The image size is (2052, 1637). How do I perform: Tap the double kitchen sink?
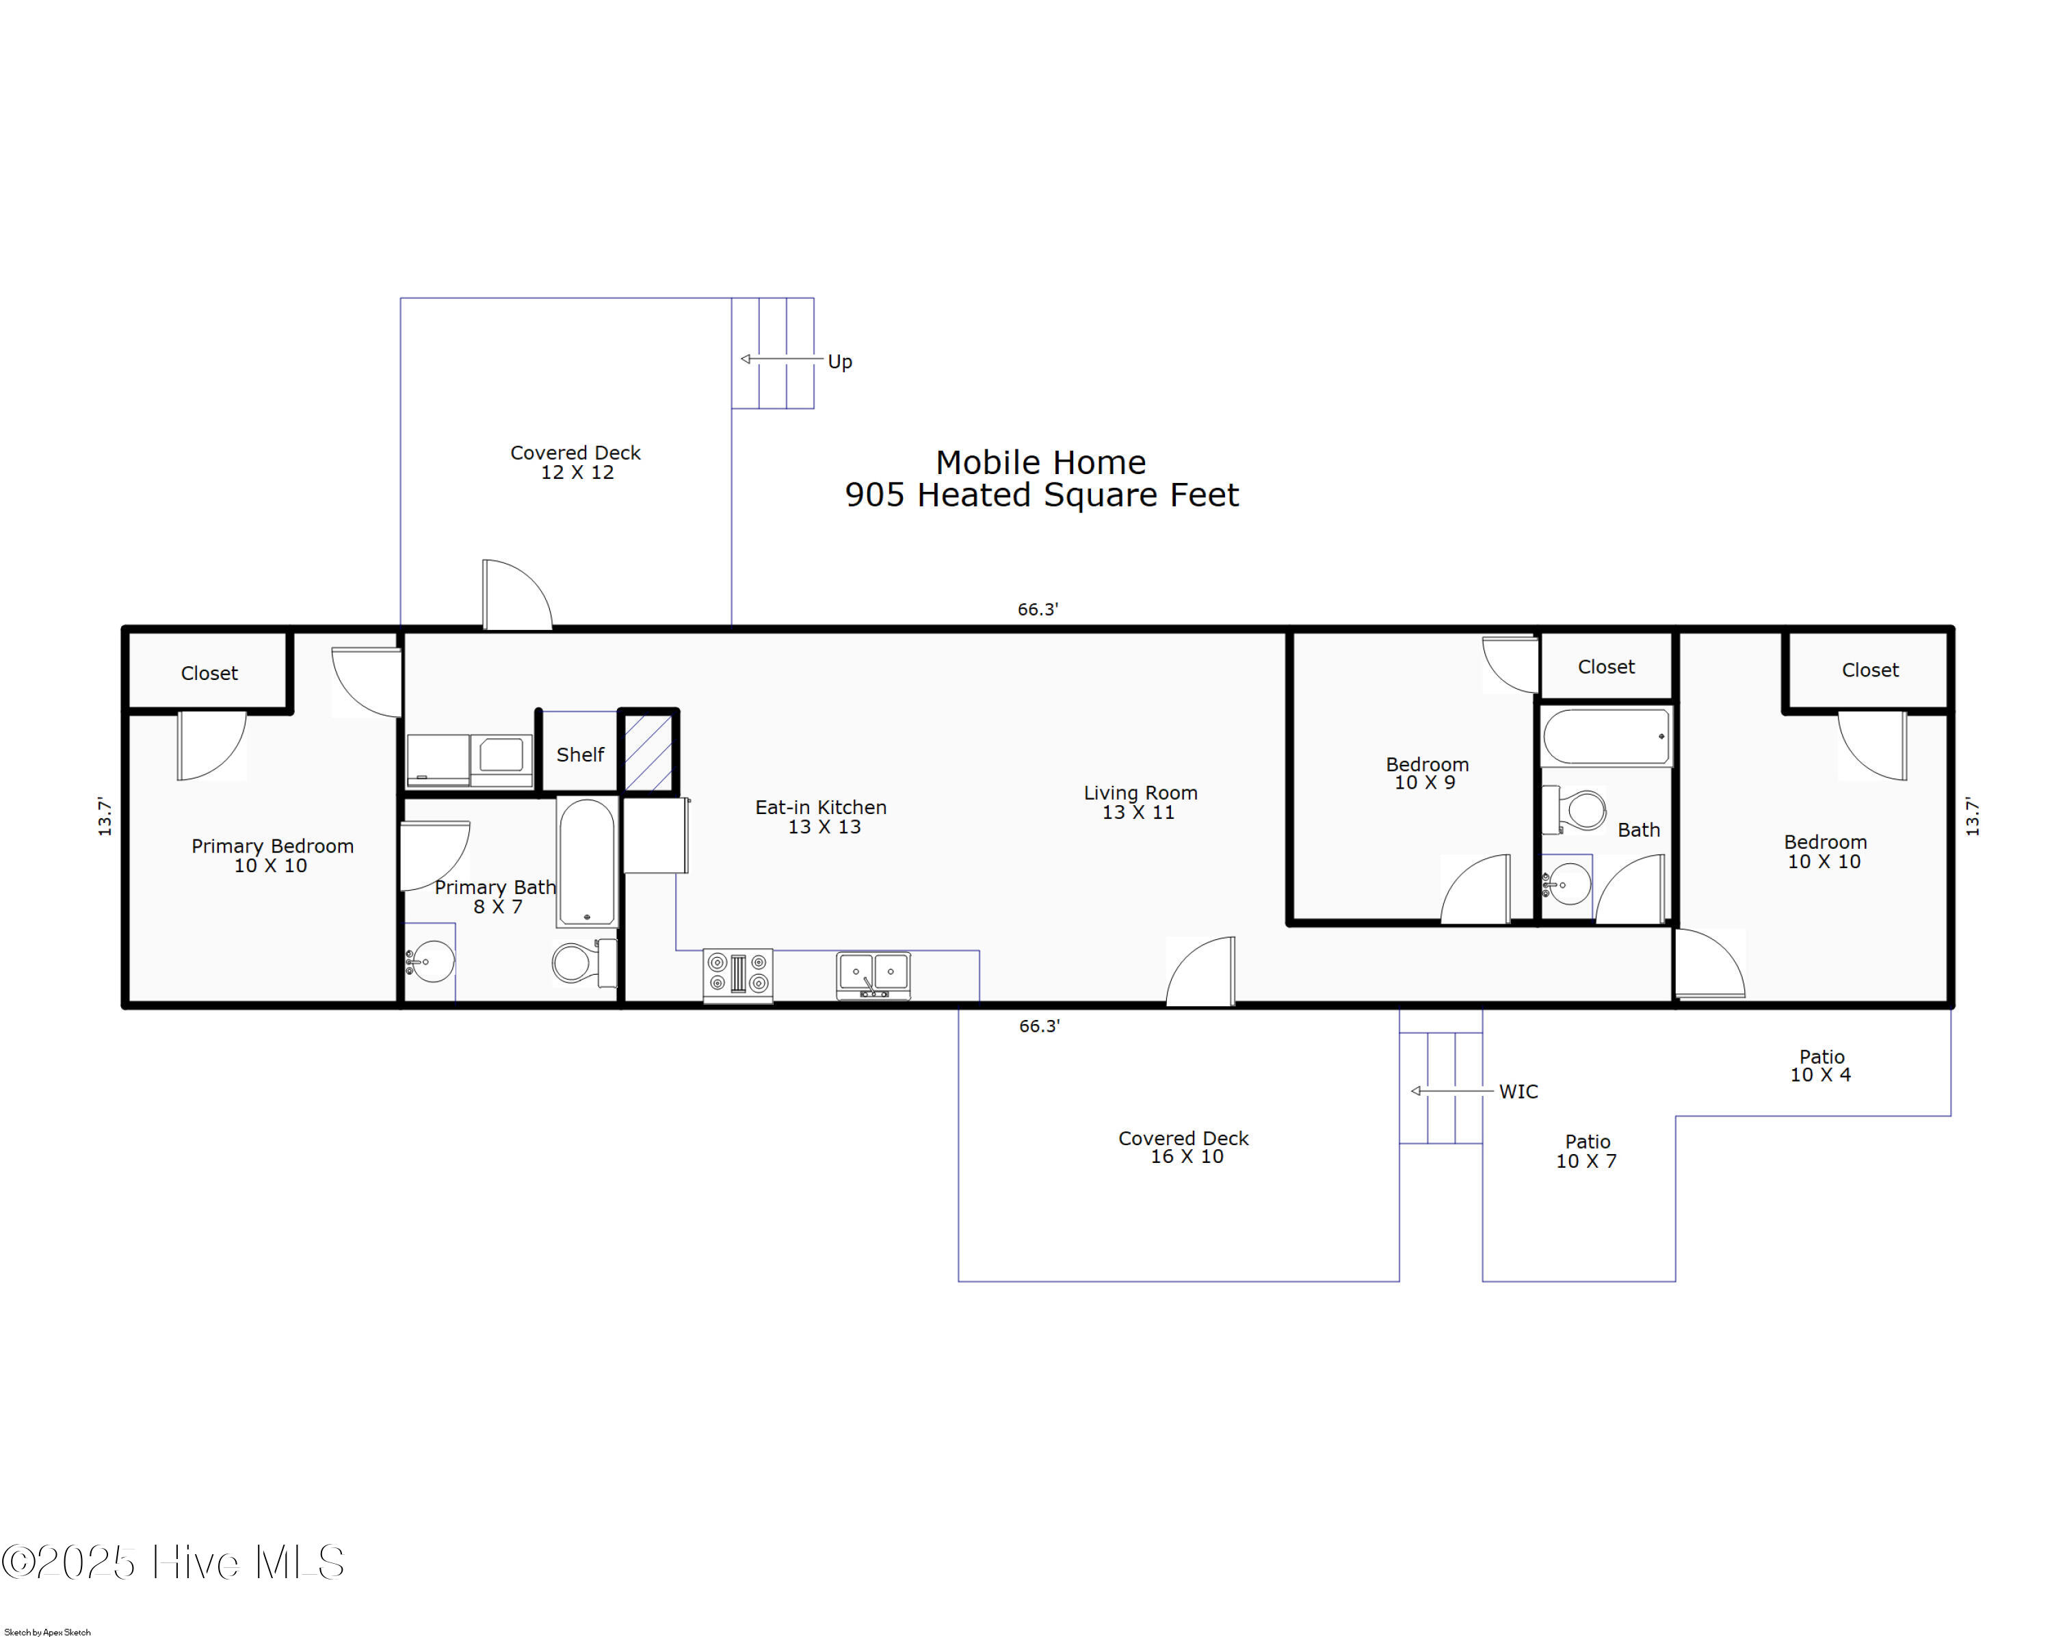tap(873, 975)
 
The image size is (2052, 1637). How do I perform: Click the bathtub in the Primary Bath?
tap(588, 861)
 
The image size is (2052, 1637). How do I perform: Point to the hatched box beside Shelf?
tap(648, 752)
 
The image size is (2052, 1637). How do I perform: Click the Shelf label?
tap(579, 755)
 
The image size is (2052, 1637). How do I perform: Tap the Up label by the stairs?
tap(839, 362)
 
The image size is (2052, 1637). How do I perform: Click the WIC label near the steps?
tap(1518, 1092)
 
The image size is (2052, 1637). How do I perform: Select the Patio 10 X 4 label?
tap(1821, 1065)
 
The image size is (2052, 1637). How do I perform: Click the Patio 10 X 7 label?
tap(1587, 1151)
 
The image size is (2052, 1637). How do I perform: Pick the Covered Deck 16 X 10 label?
tap(1183, 1147)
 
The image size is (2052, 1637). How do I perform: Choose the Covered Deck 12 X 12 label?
tap(576, 462)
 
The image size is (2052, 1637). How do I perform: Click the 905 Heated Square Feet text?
tap(1041, 495)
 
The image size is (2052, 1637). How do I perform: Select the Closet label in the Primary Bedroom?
tap(209, 673)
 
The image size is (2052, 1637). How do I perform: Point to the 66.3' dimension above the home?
tap(1038, 609)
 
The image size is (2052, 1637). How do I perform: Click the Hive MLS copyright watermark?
tap(173, 1562)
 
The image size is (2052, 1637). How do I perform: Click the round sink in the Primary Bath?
tap(430, 961)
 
